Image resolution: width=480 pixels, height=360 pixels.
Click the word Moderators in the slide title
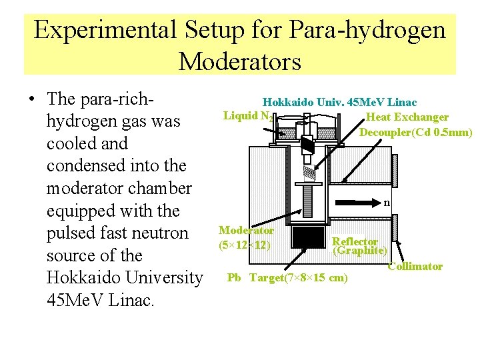[240, 62]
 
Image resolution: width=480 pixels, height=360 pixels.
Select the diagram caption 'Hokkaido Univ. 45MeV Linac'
[339, 102]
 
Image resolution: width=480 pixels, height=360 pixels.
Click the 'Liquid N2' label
[247, 116]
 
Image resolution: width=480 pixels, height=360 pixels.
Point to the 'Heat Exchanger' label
[407, 117]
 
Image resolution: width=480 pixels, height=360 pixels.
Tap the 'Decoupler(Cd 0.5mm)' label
[415, 132]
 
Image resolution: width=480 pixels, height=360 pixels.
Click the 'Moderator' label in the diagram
[246, 230]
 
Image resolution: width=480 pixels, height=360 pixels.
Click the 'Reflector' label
[355, 241]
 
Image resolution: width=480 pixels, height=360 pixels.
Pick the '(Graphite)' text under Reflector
[361, 251]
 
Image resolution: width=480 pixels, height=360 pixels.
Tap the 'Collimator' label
[415, 266]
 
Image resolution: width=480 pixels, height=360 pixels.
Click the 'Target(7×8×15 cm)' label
[298, 277]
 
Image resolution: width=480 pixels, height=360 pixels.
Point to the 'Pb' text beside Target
[234, 277]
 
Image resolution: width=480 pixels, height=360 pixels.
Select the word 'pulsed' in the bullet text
[71, 233]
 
